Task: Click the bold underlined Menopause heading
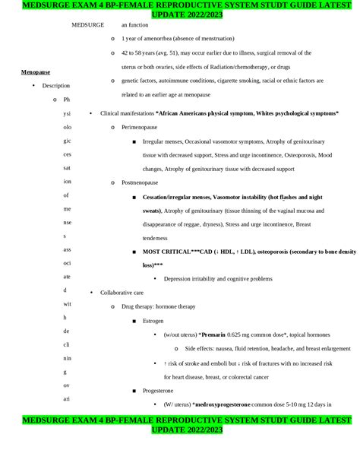click(x=35, y=72)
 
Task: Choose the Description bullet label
click(x=56, y=86)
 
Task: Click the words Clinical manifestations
click(x=127, y=113)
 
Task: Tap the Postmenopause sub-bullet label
click(x=141, y=182)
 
